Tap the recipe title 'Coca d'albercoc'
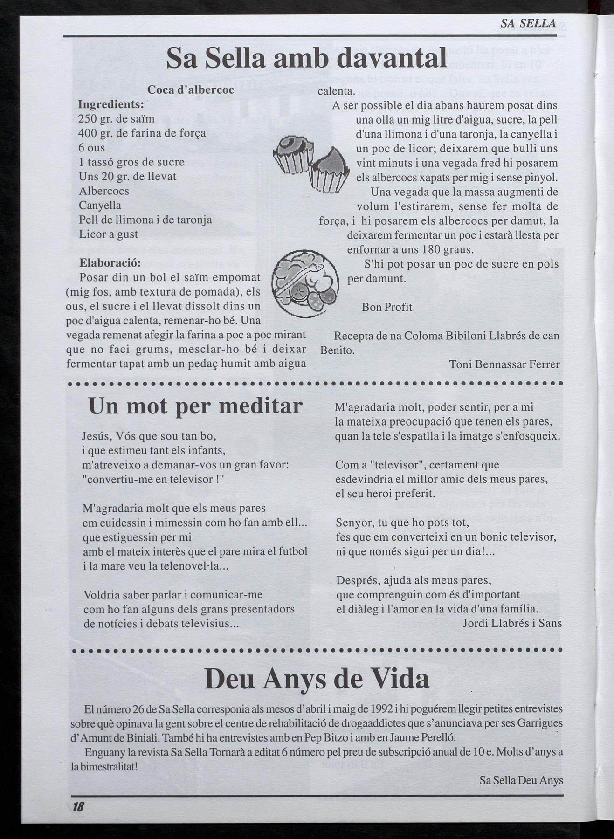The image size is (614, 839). (191, 90)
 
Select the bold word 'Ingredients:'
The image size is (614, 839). (111, 104)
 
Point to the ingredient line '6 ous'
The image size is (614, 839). (92, 148)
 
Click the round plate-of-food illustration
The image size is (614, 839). (305, 284)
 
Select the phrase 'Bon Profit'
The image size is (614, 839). (386, 307)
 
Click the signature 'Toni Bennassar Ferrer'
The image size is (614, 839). (504, 364)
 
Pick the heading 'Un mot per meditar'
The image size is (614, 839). (195, 406)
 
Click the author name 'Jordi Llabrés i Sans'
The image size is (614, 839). (512, 623)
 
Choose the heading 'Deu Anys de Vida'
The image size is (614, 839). (317, 679)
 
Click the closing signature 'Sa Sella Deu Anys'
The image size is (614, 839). (521, 780)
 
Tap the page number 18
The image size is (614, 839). (78, 807)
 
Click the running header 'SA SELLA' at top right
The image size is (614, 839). (528, 23)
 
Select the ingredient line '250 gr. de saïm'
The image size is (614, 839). (116, 118)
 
